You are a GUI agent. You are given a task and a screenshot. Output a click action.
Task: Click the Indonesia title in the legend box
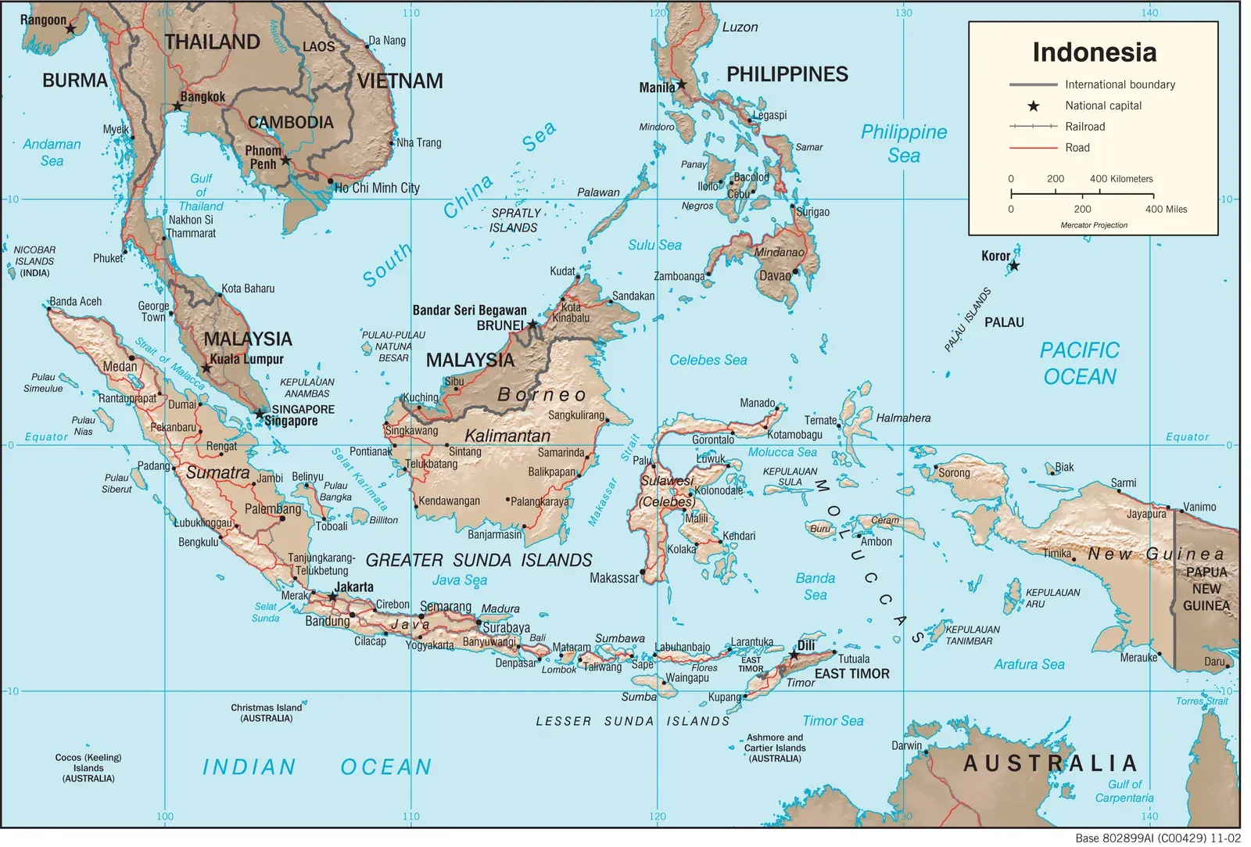(x=1094, y=52)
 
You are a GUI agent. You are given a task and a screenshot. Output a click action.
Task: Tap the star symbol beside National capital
(x=1033, y=106)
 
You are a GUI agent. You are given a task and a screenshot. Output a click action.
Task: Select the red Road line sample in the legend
(x=1033, y=148)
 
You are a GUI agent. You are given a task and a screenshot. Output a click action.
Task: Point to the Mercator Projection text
(x=1094, y=225)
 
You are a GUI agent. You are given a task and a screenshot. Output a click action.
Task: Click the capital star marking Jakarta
(x=333, y=597)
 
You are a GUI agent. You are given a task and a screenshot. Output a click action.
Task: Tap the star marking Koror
(x=1014, y=266)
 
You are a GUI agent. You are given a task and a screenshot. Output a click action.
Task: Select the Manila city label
(x=656, y=88)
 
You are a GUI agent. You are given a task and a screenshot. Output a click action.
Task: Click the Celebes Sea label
(x=708, y=361)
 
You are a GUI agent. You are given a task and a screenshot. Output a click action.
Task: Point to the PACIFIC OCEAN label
(x=1080, y=364)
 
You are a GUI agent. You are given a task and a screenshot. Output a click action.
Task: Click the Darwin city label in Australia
(x=906, y=745)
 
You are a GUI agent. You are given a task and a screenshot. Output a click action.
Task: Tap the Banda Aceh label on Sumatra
(x=76, y=302)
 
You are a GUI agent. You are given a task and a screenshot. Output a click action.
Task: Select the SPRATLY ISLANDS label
(x=514, y=221)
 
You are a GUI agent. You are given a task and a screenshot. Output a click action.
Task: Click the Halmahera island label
(x=903, y=418)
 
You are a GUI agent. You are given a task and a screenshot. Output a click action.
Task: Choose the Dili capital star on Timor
(x=793, y=655)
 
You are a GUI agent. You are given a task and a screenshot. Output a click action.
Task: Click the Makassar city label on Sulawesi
(x=614, y=578)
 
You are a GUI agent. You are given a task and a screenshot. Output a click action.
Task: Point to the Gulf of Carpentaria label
(x=1124, y=791)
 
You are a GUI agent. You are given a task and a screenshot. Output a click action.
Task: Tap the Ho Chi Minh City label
(x=377, y=188)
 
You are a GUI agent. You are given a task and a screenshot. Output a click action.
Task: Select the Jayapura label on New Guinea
(x=1145, y=514)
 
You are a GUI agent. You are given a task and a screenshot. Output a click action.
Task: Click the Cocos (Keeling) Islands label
(x=88, y=768)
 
